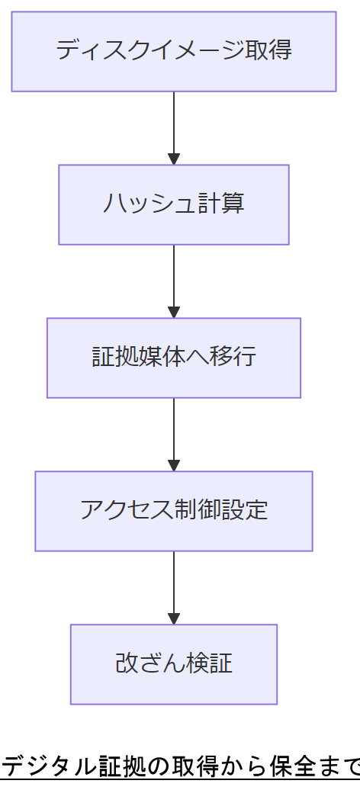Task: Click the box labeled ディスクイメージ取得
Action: click(x=174, y=51)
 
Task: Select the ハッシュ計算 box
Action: click(x=174, y=204)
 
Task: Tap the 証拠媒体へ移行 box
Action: click(x=174, y=358)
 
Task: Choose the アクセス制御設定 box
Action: click(x=174, y=511)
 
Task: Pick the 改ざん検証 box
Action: click(x=174, y=664)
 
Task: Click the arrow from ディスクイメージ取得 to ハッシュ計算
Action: click(x=174, y=126)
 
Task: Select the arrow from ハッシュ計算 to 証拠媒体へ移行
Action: click(x=174, y=279)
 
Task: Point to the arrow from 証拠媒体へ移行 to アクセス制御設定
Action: click(x=174, y=432)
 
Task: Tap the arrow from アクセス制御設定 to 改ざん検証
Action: click(x=174, y=586)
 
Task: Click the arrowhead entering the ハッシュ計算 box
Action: click(x=174, y=159)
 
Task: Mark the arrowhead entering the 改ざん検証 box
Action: click(x=174, y=619)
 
